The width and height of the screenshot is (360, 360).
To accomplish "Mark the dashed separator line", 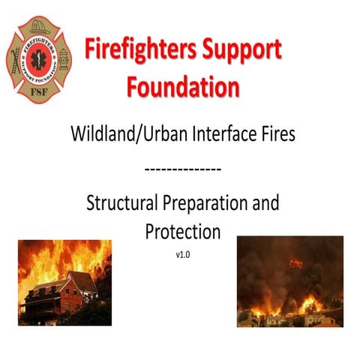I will point(181,168).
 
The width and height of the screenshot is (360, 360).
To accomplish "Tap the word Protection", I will point(182,231).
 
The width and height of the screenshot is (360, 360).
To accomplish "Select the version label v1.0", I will point(182,255).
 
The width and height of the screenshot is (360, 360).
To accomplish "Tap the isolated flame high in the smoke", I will point(295,263).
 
